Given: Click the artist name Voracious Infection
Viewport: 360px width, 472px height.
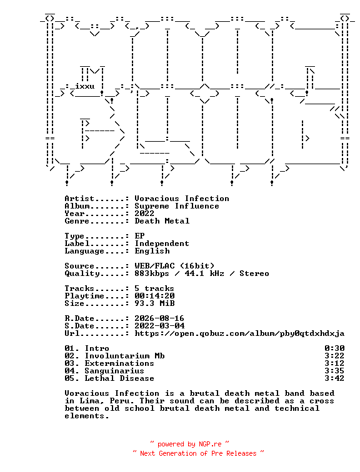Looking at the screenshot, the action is click(x=182, y=199).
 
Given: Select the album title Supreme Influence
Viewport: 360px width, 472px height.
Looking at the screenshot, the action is click(x=177, y=206).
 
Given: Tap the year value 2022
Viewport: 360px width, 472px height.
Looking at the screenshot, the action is click(x=144, y=214).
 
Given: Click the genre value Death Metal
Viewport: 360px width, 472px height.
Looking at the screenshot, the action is click(x=162, y=221).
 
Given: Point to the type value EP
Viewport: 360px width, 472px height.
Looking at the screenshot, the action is click(x=139, y=236).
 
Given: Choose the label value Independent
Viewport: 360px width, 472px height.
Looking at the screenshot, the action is click(x=162, y=243).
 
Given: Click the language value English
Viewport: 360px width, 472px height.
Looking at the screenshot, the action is click(x=152, y=251).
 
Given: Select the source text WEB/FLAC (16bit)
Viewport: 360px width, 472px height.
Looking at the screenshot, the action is click(x=174, y=266).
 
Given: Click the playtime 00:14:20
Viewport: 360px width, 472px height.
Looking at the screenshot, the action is click(x=154, y=296).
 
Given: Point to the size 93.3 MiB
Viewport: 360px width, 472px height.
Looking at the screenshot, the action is click(x=154, y=303).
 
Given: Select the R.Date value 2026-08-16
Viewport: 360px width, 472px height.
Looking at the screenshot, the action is click(x=159, y=318).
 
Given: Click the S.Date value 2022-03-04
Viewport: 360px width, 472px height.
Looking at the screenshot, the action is click(x=159, y=326).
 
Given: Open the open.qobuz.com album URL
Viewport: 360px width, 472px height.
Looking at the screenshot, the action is click(x=239, y=333).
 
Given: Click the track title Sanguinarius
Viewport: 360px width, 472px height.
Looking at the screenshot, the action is click(x=114, y=371).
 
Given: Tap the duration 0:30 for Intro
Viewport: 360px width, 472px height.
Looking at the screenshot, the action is click(x=334, y=348).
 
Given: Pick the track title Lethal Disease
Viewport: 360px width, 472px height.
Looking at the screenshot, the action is click(x=119, y=378).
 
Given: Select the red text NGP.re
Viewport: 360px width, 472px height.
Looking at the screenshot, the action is click(x=210, y=445).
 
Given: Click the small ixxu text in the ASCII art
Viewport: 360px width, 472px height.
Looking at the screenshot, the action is click(x=84, y=86).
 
